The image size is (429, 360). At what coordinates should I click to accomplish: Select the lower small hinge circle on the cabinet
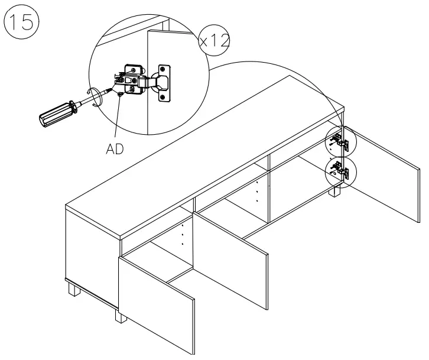[x=341, y=171]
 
